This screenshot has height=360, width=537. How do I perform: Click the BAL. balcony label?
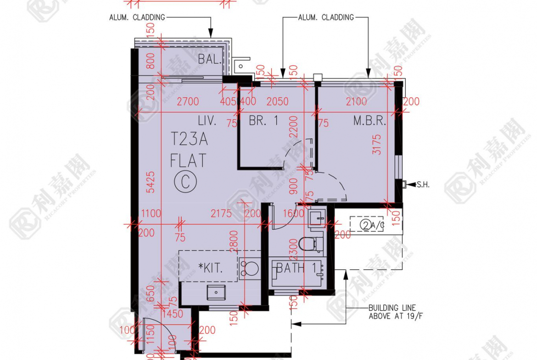[x=210, y=59]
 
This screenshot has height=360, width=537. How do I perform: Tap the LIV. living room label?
[x=207, y=121]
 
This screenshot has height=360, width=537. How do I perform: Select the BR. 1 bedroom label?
[x=263, y=121]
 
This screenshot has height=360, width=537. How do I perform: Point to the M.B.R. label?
[x=369, y=121]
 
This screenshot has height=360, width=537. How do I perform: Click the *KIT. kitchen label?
[x=211, y=268]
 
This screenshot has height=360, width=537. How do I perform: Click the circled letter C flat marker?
[x=185, y=182]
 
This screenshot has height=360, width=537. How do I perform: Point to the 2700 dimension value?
[x=187, y=101]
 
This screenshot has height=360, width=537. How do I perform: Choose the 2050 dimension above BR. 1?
[x=277, y=101]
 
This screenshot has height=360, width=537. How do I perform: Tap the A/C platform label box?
[x=367, y=225]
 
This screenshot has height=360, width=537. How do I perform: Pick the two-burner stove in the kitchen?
[x=249, y=268]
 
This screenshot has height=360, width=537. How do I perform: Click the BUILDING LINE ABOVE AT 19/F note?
[x=392, y=312]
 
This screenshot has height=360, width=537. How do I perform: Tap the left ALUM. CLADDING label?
[x=137, y=17]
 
